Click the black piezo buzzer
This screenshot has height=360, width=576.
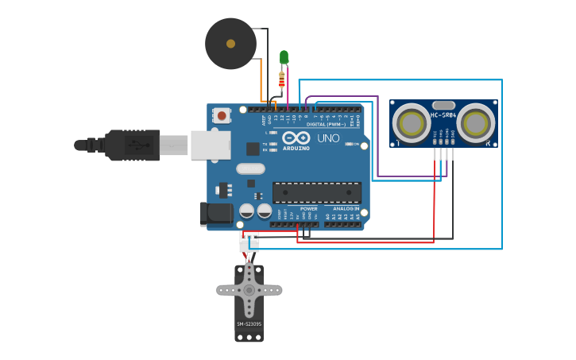tap(230, 44)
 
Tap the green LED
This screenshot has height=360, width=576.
tap(284, 56)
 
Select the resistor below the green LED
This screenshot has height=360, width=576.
tap(281, 79)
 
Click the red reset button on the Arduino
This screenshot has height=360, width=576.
tap(222, 116)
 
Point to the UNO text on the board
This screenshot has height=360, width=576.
tap(329, 138)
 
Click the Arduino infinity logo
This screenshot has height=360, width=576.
tap(296, 138)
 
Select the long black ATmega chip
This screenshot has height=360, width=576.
tap(317, 192)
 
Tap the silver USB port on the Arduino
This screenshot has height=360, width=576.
tap(211, 145)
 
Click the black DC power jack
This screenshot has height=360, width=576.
tap(215, 213)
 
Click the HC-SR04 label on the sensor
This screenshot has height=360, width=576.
tap(444, 115)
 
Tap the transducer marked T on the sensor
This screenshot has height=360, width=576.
tap(412, 123)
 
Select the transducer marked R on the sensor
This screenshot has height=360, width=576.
tap(476, 123)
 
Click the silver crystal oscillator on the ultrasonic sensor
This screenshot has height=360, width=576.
tap(443, 105)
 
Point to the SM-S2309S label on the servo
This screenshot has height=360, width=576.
tap(249, 324)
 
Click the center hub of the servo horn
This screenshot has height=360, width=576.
tap(249, 290)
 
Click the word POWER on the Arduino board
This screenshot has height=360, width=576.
tap(309, 209)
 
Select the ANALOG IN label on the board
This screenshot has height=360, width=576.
tap(346, 209)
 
